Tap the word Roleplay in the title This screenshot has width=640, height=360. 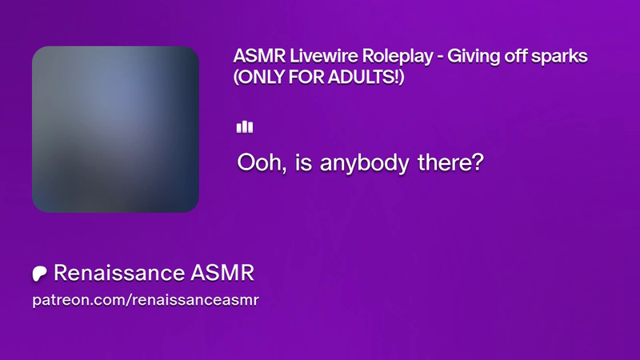point(398,57)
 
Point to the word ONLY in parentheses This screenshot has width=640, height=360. point(259,77)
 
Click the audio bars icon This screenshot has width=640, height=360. point(245,127)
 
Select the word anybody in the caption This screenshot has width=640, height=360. point(364,164)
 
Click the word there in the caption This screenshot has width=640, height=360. point(446,162)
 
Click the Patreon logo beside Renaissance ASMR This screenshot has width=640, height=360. point(39,274)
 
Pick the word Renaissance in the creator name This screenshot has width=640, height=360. point(119,273)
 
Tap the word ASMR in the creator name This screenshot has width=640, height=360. point(222,273)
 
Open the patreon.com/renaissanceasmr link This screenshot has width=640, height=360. point(146,300)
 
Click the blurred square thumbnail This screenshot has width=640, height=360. point(115,130)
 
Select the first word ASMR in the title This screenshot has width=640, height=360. point(259,56)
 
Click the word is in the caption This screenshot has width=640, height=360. point(304,162)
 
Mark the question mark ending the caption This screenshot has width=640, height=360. point(478,162)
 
